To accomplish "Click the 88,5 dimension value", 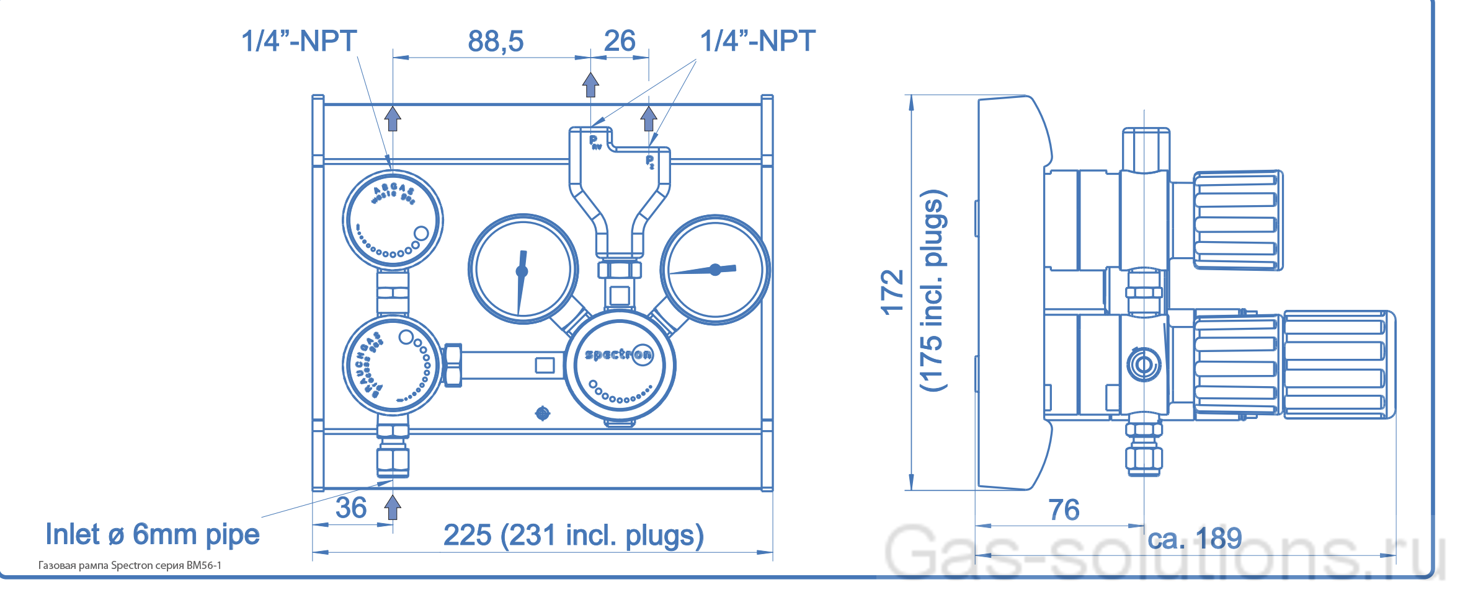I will tap(495, 42).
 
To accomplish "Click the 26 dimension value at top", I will tap(619, 42).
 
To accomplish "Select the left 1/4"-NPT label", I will tap(298, 42).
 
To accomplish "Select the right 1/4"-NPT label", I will tap(757, 42).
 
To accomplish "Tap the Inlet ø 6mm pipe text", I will tap(153, 535).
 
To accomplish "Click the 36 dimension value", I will tap(351, 508).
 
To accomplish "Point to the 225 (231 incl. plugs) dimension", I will tap(573, 535).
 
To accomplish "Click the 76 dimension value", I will tap(1064, 510).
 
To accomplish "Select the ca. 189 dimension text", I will tap(1195, 538).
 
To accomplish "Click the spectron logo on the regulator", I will tap(618, 355).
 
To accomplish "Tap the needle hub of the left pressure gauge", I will tap(522, 271).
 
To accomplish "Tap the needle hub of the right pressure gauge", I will tap(715, 270).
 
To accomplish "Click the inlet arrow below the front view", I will tap(392, 507).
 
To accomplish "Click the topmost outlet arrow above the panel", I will tap(590, 84).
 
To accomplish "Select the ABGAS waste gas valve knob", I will tap(393, 220).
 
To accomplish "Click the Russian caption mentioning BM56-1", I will tap(130, 565).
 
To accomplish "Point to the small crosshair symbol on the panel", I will tap(542, 413).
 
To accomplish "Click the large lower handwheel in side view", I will tap(1338, 364).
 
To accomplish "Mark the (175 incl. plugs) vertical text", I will tap(932, 290).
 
